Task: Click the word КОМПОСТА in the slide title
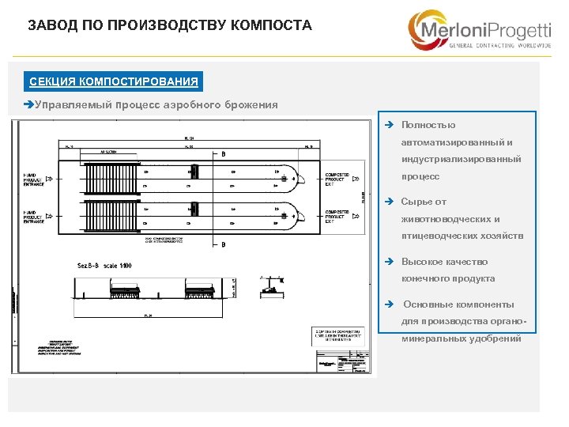coord(271,25)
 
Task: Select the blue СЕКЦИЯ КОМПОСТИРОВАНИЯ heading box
coord(114,81)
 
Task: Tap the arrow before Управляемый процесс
coord(29,104)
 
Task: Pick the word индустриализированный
coord(461,159)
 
